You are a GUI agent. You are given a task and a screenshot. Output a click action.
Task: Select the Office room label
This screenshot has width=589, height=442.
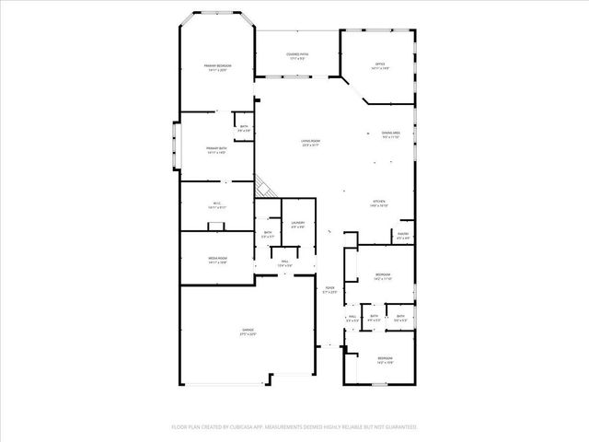[380, 64]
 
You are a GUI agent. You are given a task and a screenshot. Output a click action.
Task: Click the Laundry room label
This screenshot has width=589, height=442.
[298, 223]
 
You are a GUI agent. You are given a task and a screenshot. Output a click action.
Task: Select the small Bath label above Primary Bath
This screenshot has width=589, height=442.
[245, 129]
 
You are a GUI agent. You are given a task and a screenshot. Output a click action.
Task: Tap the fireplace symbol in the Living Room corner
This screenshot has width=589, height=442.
[263, 186]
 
